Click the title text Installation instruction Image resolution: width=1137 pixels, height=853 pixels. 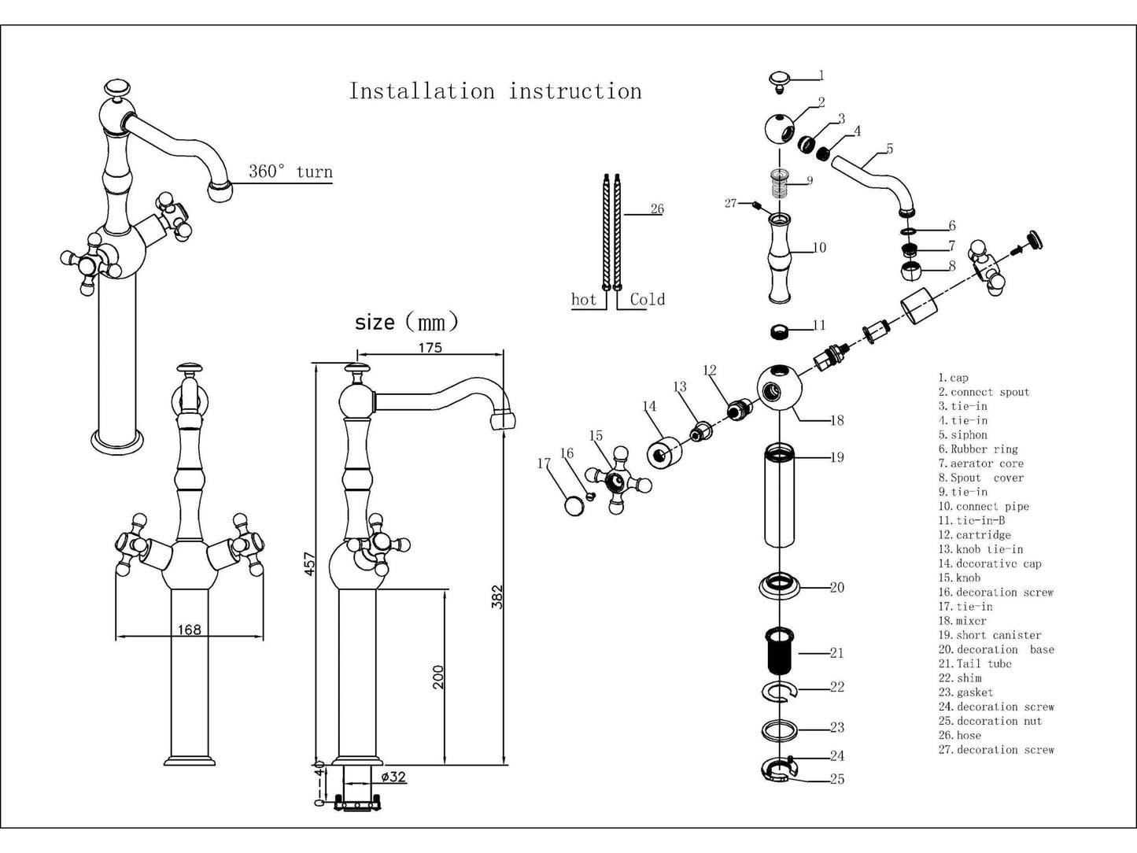click(x=495, y=91)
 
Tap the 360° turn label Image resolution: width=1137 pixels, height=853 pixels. click(x=290, y=172)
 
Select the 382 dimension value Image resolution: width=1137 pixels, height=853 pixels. click(x=497, y=596)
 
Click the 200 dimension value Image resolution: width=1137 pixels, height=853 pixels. click(x=438, y=677)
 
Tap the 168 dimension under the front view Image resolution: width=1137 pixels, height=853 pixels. click(x=190, y=629)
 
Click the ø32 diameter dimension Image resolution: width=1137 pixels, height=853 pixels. click(x=393, y=777)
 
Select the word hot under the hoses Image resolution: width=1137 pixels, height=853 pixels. click(x=584, y=299)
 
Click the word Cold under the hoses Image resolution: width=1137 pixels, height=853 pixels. click(x=647, y=299)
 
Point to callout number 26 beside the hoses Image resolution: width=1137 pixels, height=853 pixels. click(x=657, y=209)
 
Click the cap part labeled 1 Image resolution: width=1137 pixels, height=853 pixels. click(x=780, y=79)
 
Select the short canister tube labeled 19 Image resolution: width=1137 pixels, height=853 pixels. click(x=779, y=496)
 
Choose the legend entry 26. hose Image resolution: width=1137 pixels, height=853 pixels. click(x=959, y=736)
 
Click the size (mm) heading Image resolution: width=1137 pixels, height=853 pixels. click(x=406, y=322)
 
